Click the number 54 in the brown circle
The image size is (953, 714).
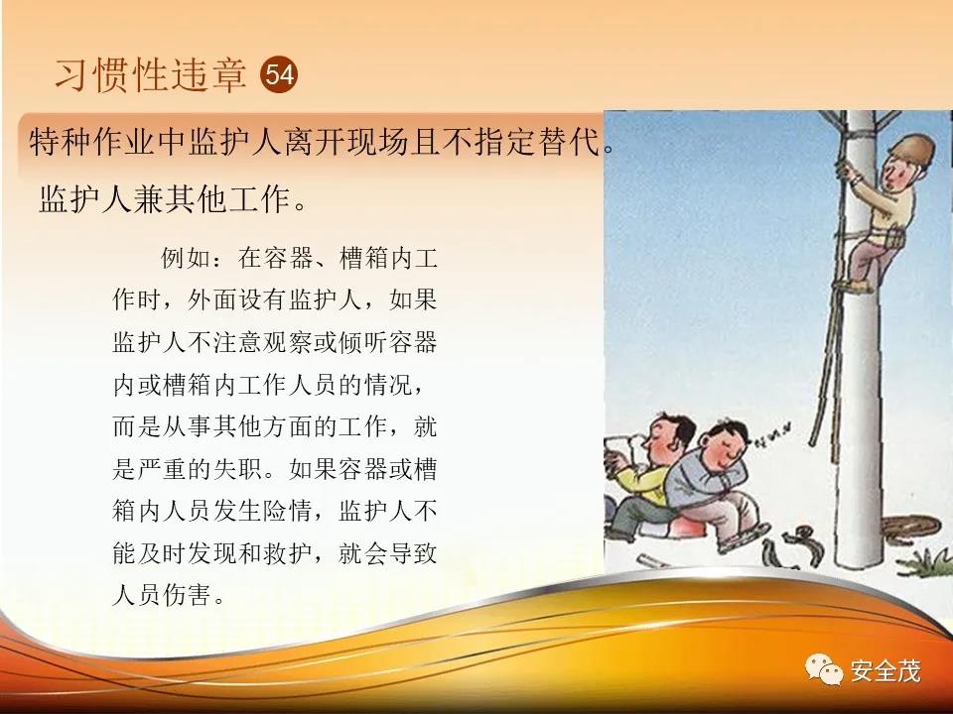pyautogui.click(x=279, y=74)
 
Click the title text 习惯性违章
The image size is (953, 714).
pyautogui.click(x=151, y=74)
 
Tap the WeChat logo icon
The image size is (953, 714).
pyautogui.click(x=824, y=669)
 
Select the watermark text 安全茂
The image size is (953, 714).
pyautogui.click(x=885, y=671)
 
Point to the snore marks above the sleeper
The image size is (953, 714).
pyautogui.click(x=772, y=434)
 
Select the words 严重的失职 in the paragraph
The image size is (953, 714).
pyautogui.click(x=200, y=469)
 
